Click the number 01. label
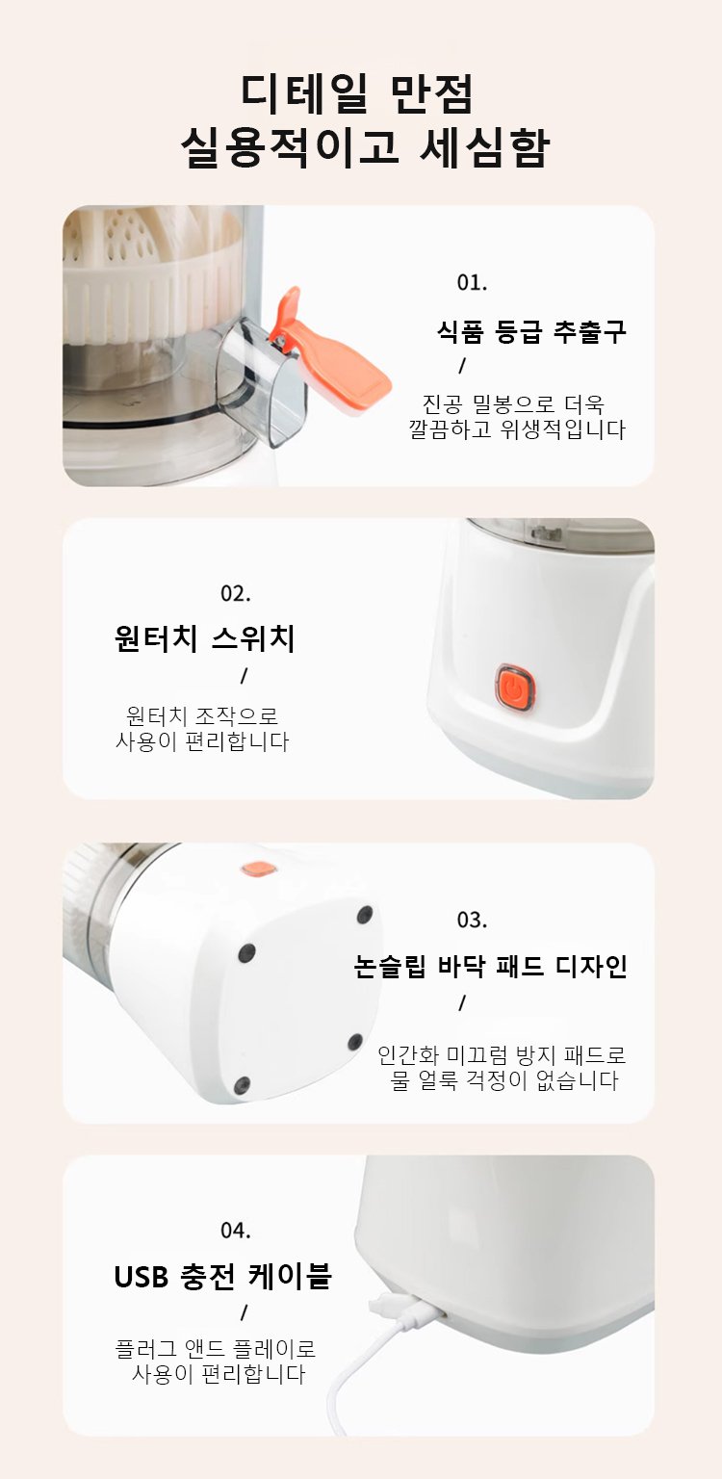pos(472,282)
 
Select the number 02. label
pos(236,593)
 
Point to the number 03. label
pos(472,920)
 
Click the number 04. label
pos(236,1231)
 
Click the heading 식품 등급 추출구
pos(531,331)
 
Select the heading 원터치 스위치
pos(205,638)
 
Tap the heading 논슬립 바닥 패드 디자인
pos(490,967)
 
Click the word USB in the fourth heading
pos(142,1277)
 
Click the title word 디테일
pos(303,93)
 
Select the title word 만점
pos(432,93)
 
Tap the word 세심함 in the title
pos(484,146)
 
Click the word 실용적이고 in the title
pos(290,146)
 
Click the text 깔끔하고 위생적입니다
pos(517,429)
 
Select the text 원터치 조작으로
pos(202,715)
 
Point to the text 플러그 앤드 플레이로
pos(215,1348)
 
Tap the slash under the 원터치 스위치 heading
pos(245,676)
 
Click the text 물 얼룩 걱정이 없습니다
pos(503,1081)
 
